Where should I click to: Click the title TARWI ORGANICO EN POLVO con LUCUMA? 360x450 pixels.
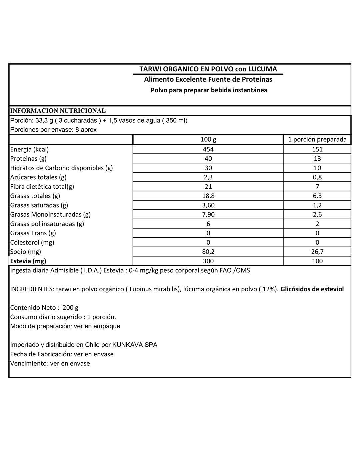click(x=208, y=69)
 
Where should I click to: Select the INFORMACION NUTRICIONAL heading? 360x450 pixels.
click(x=58, y=111)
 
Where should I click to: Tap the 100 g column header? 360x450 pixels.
click(x=208, y=140)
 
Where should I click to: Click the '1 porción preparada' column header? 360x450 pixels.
click(x=317, y=140)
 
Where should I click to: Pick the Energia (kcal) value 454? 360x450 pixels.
click(x=208, y=149)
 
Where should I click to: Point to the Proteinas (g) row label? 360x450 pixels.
click(x=28, y=159)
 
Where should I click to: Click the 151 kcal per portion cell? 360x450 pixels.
click(x=317, y=149)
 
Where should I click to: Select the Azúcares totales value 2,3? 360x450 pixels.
click(x=208, y=177)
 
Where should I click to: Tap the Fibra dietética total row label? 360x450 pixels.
click(x=42, y=187)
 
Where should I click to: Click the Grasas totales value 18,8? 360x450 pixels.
click(x=208, y=196)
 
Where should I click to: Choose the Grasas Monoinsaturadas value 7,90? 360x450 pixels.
click(x=208, y=215)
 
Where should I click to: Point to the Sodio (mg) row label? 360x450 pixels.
click(x=26, y=252)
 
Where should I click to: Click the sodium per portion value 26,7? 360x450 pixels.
click(x=317, y=252)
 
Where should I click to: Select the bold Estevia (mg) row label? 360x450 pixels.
click(x=28, y=261)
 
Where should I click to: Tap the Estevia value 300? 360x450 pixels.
click(x=208, y=261)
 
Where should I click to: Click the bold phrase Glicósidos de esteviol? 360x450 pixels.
click(x=312, y=289)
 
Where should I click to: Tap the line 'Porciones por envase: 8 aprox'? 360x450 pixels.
click(x=53, y=130)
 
